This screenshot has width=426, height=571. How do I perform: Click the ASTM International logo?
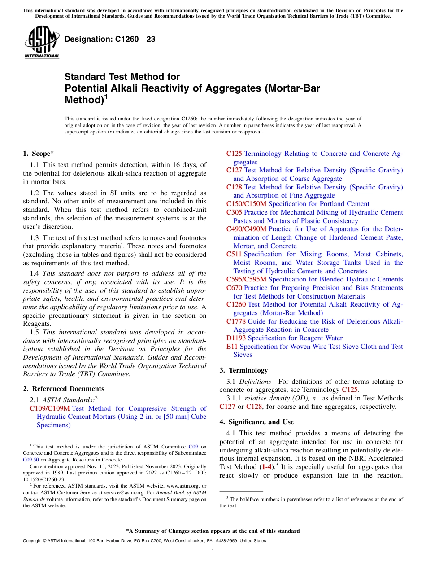point(42,42)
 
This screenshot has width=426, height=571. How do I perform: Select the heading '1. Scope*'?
point(38,154)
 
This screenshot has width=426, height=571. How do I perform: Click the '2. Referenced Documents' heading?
point(64,389)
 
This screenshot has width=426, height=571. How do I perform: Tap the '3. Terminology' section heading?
point(243,370)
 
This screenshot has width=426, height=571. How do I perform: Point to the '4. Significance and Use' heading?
point(256,422)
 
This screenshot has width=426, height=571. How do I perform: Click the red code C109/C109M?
point(50,408)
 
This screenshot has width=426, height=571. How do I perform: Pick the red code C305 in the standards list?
point(234,212)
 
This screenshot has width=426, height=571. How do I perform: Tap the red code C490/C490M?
point(246,229)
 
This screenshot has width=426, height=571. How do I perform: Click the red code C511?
point(234,254)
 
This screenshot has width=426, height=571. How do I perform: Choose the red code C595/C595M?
point(246,279)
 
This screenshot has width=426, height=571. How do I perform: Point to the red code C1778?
point(236,321)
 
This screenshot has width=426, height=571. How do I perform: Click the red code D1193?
point(236,338)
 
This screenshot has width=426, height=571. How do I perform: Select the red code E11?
point(232,347)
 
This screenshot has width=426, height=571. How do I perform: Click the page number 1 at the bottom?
point(213,552)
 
